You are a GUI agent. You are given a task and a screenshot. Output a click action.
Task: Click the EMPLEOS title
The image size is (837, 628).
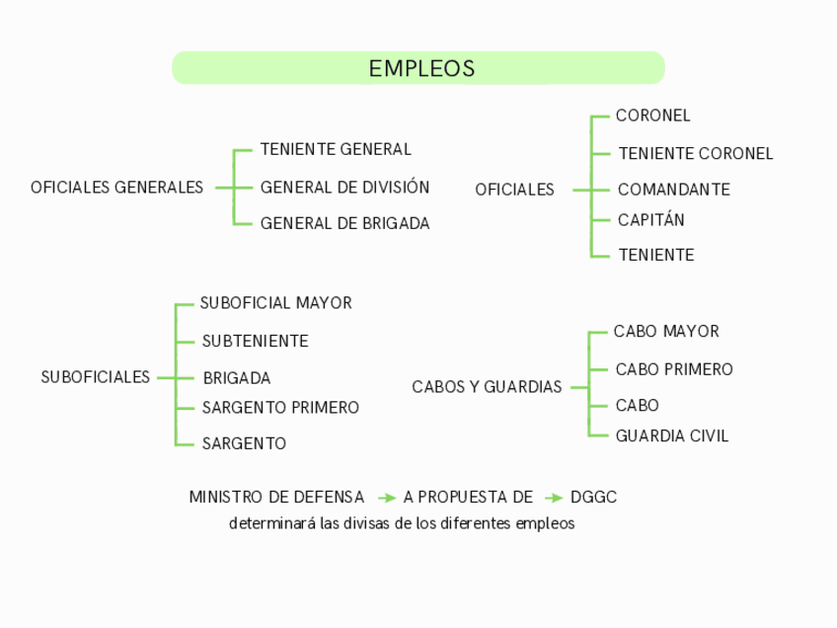point(421,68)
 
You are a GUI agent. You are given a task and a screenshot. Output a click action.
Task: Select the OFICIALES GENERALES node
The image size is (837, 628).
point(116,187)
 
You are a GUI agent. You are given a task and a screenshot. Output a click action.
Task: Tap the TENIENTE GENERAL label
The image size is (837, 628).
point(336,149)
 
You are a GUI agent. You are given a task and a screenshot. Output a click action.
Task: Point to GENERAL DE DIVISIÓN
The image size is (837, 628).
point(344,187)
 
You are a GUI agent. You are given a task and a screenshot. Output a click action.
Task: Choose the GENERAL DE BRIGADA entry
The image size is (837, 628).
point(344,223)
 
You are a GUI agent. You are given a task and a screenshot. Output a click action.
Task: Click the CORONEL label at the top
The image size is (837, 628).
point(652,116)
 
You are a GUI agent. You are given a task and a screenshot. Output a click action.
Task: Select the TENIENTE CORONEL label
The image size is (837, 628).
point(695,153)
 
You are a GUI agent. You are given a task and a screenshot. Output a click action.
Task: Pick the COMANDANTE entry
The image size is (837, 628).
point(673,189)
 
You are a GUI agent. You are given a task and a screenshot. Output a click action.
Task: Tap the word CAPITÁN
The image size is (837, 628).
point(650,219)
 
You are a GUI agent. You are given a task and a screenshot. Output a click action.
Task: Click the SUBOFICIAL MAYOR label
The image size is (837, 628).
point(275,303)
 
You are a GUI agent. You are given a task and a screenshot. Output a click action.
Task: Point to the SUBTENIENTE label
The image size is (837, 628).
point(255,341)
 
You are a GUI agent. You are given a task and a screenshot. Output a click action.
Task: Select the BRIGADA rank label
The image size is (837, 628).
point(236,377)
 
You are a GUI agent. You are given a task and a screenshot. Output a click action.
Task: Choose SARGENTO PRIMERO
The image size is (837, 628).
point(280,407)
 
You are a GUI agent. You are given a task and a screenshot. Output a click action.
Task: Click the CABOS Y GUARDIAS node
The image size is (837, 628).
point(487,386)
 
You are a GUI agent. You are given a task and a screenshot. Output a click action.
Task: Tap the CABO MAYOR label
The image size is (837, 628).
point(666,331)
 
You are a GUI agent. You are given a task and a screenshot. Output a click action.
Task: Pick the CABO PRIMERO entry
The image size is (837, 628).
point(674,369)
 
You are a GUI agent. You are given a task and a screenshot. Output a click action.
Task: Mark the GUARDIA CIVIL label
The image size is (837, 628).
point(671,435)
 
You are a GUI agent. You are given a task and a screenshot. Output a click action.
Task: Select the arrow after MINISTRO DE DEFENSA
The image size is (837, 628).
point(387,498)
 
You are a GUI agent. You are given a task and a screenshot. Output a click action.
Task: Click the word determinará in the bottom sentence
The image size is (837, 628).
point(261,523)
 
